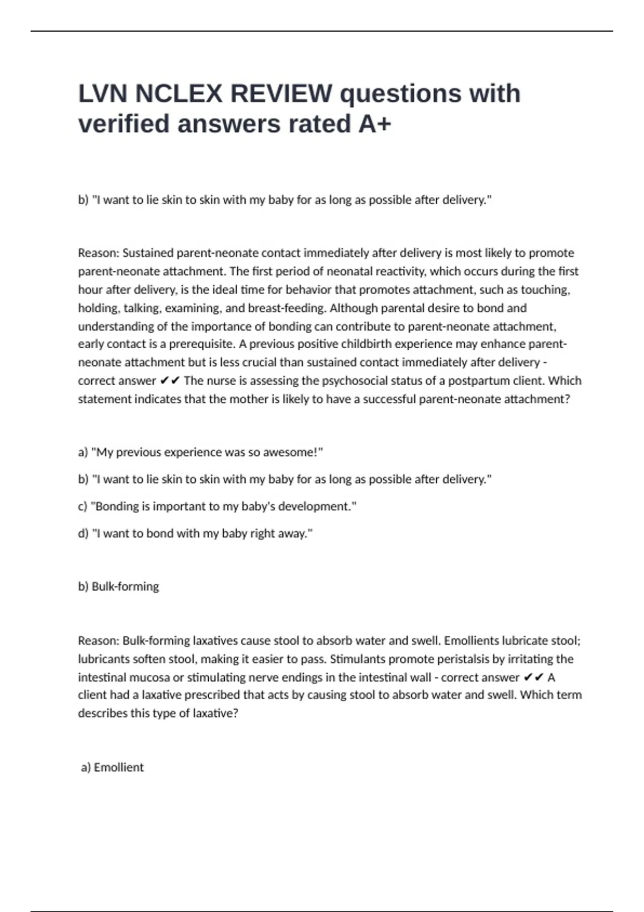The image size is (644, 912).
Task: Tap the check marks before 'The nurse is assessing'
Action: (x=170, y=380)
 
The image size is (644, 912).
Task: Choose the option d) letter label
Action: (x=83, y=533)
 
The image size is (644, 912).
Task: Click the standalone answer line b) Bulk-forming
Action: (x=119, y=586)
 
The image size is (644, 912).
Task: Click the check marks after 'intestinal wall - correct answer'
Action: (x=533, y=677)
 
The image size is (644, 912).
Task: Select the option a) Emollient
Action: (x=112, y=767)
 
